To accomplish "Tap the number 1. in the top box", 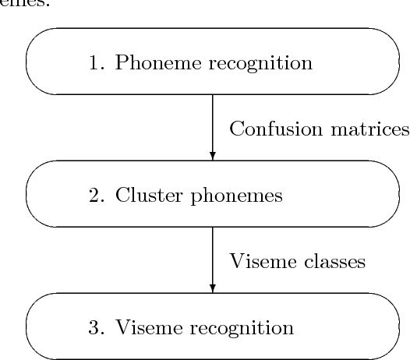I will click(x=98, y=63).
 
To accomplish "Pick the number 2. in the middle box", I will click(x=98, y=196).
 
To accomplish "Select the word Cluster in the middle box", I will click(x=143, y=196).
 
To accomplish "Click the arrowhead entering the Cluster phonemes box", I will click(x=213, y=156).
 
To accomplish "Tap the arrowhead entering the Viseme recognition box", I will click(x=213, y=288).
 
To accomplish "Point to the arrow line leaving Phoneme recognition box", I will click(x=213, y=121).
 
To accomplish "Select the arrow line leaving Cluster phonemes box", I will click(x=213, y=253).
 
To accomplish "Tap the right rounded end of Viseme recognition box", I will click(x=391, y=326).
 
